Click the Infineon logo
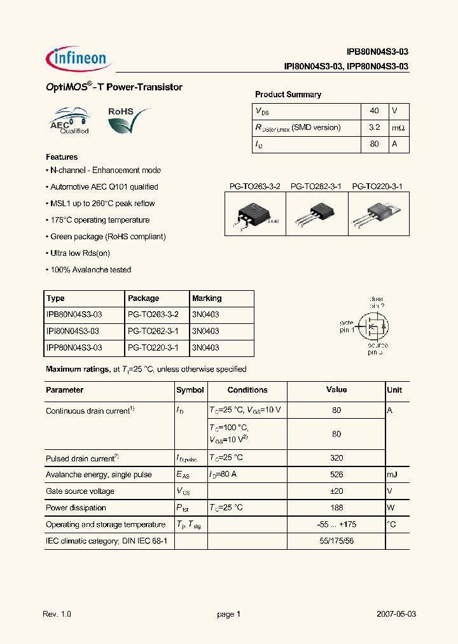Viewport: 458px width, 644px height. pos(79,59)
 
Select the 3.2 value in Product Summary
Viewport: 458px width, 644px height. pos(374,127)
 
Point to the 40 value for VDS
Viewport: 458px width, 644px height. pos(374,111)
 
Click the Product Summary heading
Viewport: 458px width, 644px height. pos(288,94)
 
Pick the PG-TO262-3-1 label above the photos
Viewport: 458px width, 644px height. pos(316,186)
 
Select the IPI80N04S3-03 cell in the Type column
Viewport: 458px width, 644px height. pos(74,331)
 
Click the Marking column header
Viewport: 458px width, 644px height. pos(207,298)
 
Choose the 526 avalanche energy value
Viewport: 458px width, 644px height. pos(337,475)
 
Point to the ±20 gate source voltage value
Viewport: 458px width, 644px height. pos(337,491)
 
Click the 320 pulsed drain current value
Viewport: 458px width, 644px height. pos(337,458)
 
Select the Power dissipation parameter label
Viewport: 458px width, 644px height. pos(76,508)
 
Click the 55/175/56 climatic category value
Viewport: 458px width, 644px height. pos(337,541)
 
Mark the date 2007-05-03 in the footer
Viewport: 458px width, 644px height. pos(396,614)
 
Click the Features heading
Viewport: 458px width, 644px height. pos(62,157)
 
